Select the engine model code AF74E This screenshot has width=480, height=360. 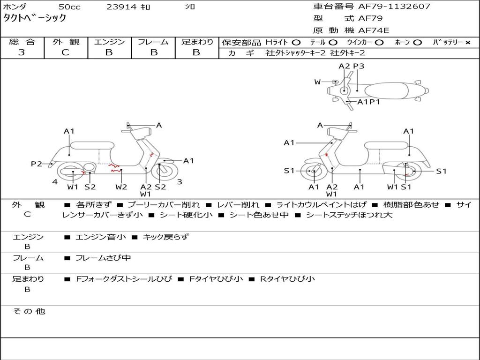coord(374,30)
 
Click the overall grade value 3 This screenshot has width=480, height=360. coord(22,52)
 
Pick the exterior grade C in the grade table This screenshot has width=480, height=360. coord(65,52)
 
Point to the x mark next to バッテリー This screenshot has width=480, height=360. coord(468,43)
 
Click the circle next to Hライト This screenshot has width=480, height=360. coord(296,43)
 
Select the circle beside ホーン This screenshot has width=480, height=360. coord(418,43)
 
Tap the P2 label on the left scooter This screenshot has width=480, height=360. coord(36,164)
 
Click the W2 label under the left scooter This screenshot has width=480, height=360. coord(121,187)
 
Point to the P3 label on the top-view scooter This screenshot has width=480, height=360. coord(359,66)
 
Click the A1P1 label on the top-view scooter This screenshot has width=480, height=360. coord(368,102)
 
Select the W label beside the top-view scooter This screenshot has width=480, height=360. coord(317,82)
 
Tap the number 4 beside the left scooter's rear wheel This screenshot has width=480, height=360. coord(55,182)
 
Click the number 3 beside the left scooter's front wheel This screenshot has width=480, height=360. coord(180,182)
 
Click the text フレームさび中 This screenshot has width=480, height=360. coord(103,258)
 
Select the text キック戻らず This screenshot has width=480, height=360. coord(166,237)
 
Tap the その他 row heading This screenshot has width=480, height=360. coord(29,311)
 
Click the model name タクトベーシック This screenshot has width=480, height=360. coord(35,18)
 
